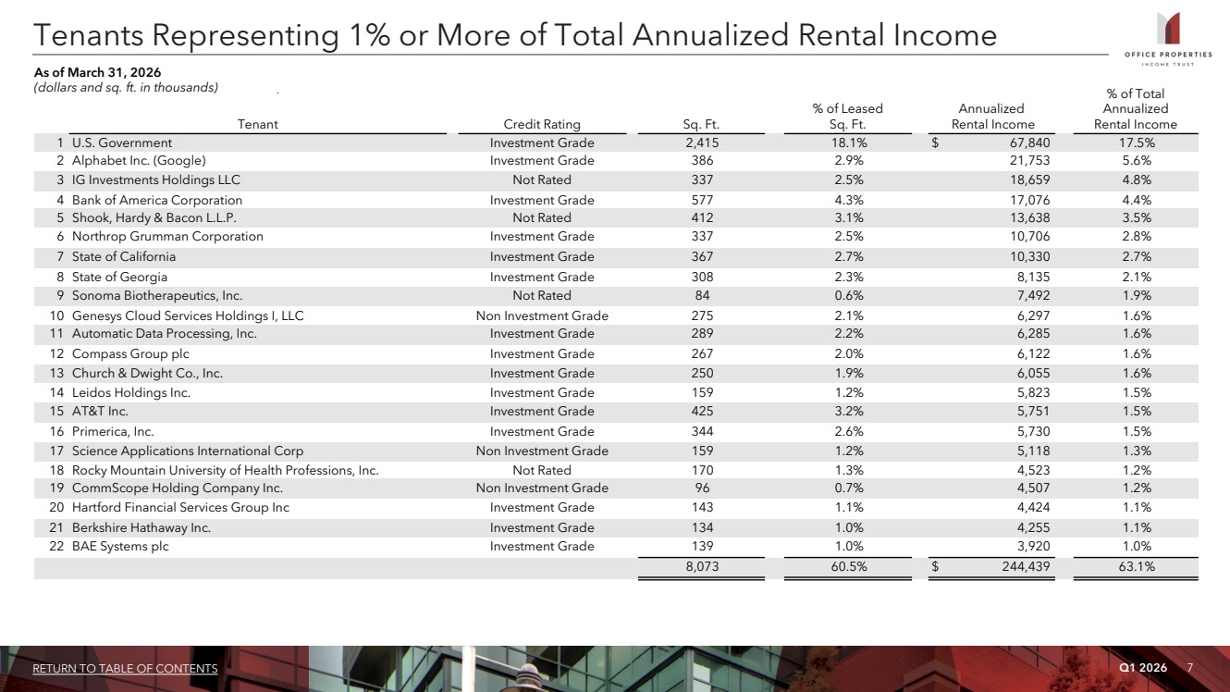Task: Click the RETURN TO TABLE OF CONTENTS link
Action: tap(125, 668)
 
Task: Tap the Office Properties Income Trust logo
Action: tap(1168, 40)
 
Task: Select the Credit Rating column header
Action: tap(541, 124)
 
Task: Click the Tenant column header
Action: tap(257, 124)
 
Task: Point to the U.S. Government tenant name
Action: tap(122, 142)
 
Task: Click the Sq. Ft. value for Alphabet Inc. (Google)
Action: tap(702, 160)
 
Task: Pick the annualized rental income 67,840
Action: tap(1029, 142)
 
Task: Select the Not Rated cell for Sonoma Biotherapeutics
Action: tap(541, 295)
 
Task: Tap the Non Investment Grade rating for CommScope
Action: tap(542, 488)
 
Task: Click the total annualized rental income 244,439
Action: tap(1026, 566)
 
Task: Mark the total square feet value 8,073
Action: tap(702, 566)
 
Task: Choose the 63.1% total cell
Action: tap(1137, 566)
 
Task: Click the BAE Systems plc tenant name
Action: tap(120, 547)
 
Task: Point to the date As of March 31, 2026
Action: tap(97, 72)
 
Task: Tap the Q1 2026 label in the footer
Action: tap(1143, 667)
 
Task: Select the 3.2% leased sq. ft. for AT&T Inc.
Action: tap(848, 412)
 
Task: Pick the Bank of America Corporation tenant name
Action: tap(157, 200)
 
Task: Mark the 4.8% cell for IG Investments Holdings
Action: tap(1137, 180)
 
